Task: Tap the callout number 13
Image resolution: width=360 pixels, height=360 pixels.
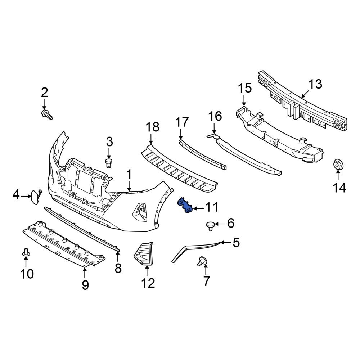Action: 315,85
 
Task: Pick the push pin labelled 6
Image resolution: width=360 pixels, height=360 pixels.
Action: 210,225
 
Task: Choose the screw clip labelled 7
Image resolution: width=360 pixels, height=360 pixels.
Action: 202,261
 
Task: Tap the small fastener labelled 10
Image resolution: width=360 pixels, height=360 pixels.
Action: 26,253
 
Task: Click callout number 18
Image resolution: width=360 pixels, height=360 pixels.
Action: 152,127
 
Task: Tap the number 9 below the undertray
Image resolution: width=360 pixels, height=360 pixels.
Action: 85,284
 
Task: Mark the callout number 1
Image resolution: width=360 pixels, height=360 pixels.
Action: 129,175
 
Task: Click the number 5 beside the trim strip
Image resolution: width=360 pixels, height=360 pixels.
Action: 236,243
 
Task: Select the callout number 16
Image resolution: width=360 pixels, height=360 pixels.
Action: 215,116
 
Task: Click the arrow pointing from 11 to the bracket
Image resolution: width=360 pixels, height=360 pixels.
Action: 198,208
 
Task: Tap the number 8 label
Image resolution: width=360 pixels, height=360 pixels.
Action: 118,268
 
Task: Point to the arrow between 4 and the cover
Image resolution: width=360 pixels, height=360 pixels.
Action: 26,196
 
